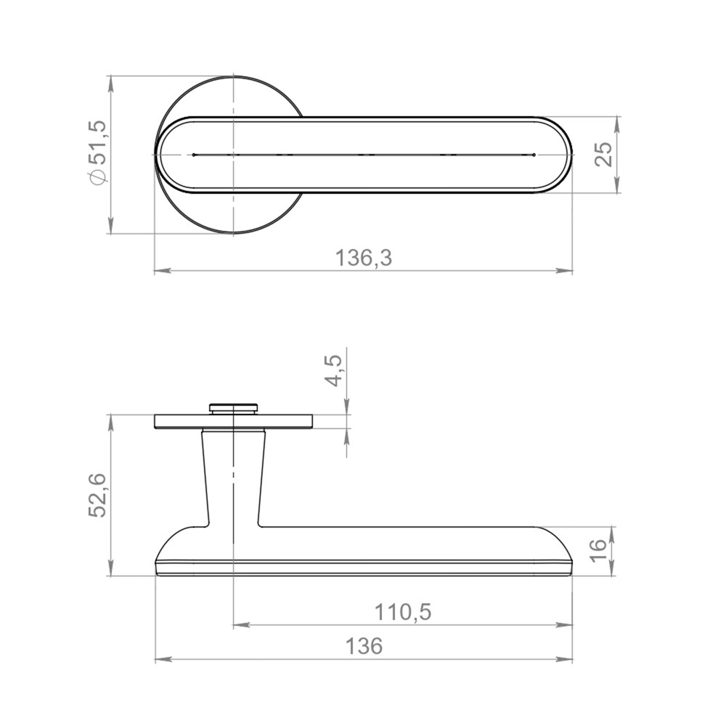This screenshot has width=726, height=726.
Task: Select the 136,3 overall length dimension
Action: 364,258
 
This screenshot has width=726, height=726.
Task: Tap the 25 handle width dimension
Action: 603,154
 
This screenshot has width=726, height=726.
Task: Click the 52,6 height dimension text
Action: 98,495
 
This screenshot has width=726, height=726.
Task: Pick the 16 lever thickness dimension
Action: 599,550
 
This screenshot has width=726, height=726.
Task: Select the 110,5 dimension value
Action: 402,612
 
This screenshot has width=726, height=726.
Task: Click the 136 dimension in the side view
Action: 364,646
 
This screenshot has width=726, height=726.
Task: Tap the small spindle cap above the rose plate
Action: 233,408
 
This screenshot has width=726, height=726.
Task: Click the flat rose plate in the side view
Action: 233,421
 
